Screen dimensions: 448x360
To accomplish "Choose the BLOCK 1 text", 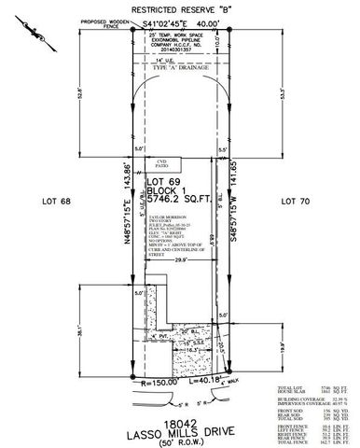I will [x=168, y=190].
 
